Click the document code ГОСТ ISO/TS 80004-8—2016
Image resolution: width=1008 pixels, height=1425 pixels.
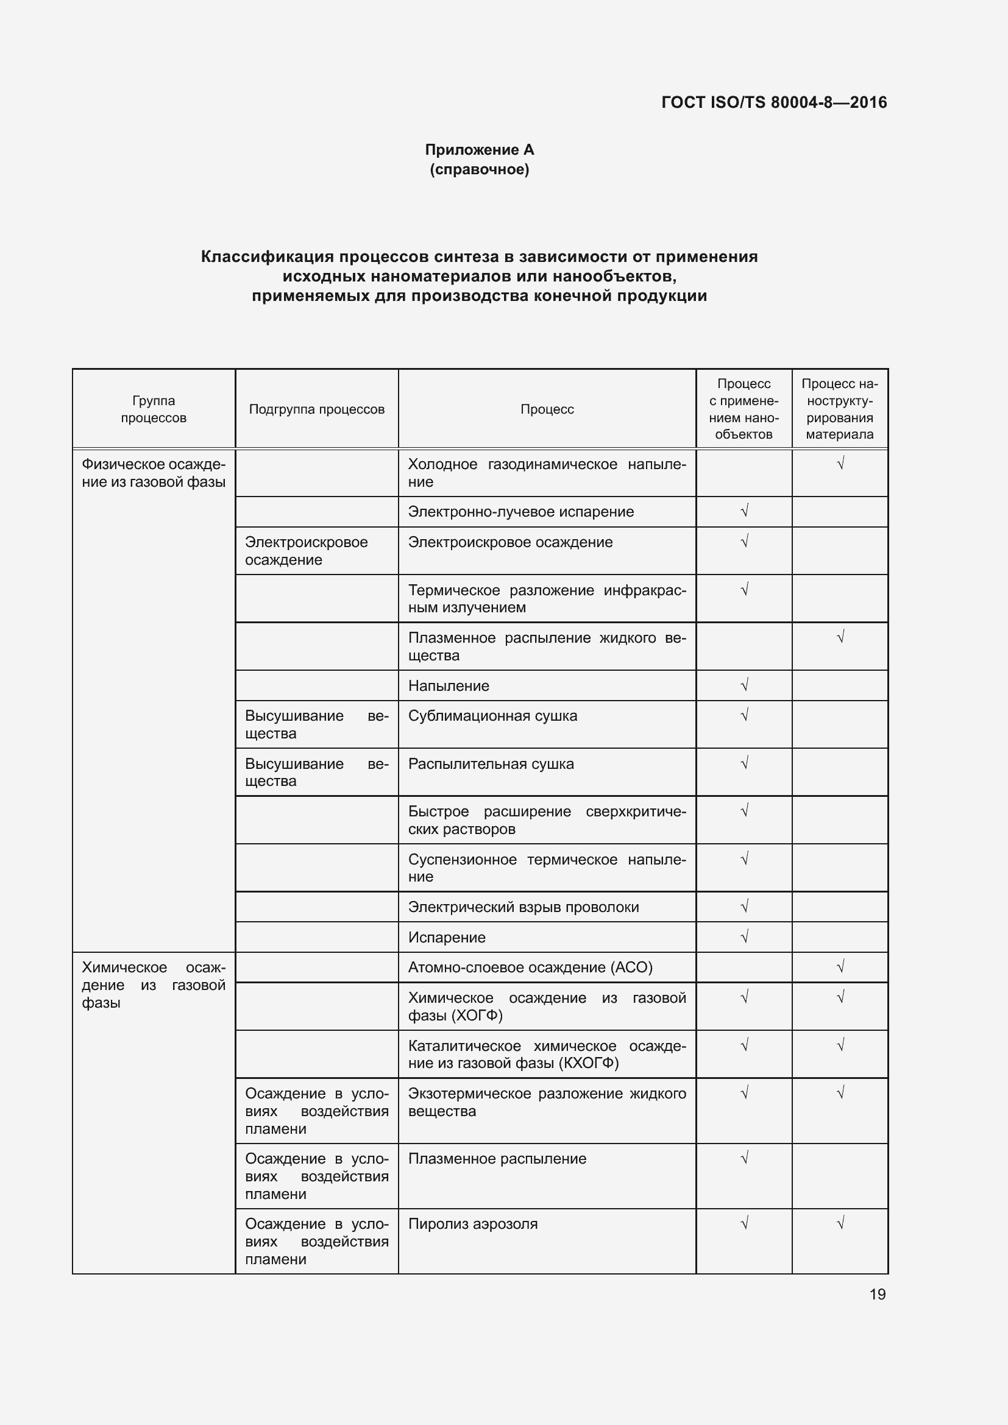click(x=774, y=102)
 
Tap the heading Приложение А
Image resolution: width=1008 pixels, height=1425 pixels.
click(x=479, y=150)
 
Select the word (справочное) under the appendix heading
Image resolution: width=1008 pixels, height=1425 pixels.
click(x=479, y=169)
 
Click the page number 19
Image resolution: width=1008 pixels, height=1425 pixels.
click(x=877, y=1294)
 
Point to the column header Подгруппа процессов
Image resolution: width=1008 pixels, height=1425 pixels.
click(x=316, y=409)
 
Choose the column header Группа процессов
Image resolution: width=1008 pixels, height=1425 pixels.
click(x=154, y=409)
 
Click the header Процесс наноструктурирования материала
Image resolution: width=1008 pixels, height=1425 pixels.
click(x=839, y=409)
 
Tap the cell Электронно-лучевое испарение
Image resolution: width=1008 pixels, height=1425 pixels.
click(x=520, y=511)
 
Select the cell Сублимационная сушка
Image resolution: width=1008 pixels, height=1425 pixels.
click(x=492, y=716)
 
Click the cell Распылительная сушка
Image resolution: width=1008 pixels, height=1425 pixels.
click(x=491, y=763)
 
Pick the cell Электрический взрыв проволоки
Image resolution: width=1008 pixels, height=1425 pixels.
click(x=524, y=907)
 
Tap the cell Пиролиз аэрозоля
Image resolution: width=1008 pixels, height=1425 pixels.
click(x=472, y=1224)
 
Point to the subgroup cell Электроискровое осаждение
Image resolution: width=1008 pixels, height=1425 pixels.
click(x=306, y=551)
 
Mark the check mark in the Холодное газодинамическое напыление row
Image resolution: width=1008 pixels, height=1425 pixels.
click(x=840, y=464)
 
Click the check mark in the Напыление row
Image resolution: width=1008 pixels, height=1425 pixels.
click(x=744, y=685)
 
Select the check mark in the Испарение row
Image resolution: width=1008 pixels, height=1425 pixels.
click(x=744, y=936)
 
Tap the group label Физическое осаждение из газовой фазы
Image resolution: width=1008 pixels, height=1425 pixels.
click(x=154, y=473)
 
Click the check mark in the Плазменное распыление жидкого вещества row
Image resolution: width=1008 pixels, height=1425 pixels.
click(x=840, y=637)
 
